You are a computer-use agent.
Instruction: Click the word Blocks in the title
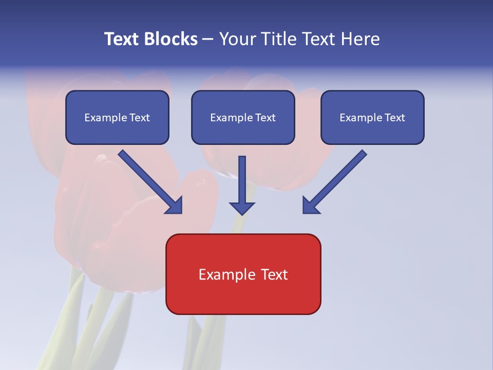172,39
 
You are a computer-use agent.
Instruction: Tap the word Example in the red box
226,274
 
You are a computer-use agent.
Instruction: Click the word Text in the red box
274,274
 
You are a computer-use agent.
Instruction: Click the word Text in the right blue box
394,118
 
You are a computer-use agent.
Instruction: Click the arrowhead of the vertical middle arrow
242,208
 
